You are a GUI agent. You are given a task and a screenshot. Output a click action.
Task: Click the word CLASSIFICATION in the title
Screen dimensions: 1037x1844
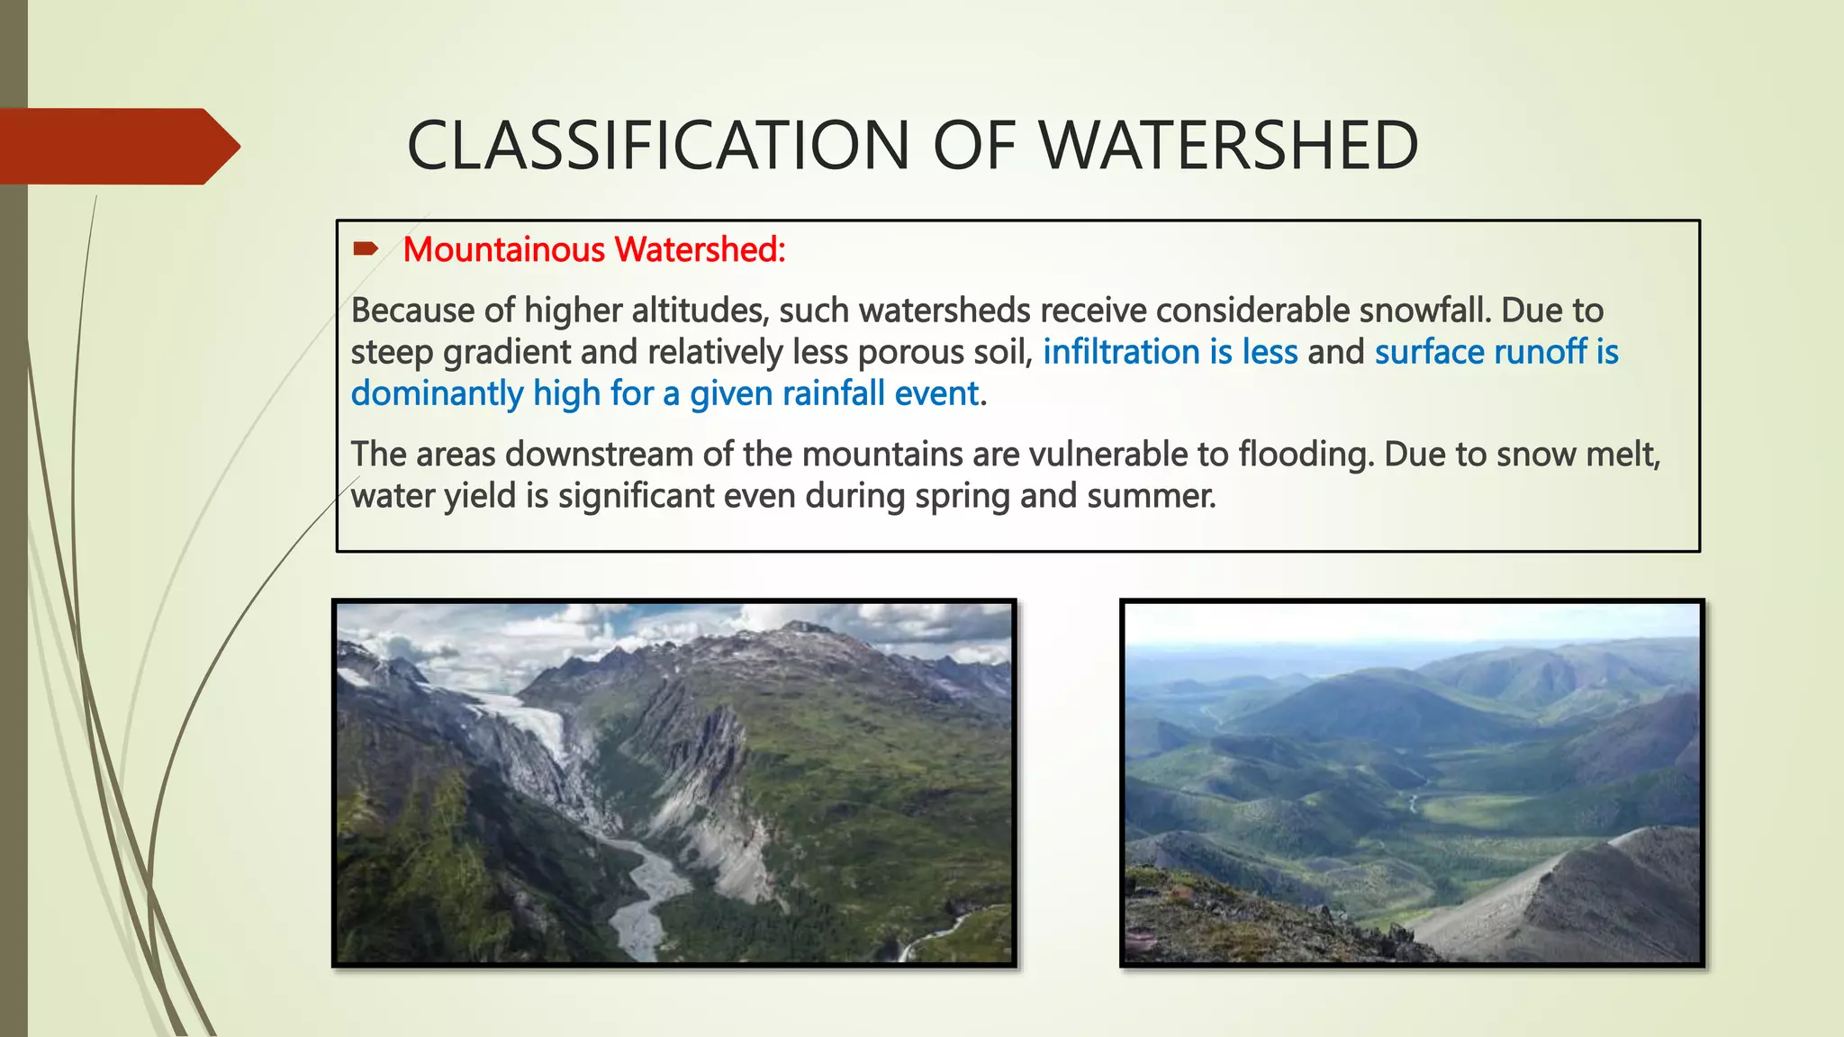point(658,146)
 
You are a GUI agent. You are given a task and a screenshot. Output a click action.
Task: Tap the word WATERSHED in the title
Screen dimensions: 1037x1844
point(1228,146)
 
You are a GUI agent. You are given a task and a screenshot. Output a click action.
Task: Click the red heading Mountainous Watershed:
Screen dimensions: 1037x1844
point(594,249)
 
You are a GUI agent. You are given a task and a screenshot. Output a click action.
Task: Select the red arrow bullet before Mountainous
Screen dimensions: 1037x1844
point(366,249)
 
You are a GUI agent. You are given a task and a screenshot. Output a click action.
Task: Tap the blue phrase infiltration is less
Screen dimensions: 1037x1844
point(1170,352)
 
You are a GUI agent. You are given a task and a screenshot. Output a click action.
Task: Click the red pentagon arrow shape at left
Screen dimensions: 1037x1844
point(117,146)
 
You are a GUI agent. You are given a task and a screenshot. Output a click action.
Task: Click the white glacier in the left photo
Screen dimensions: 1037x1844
point(531,720)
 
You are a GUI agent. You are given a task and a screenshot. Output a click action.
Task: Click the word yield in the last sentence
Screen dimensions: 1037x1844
point(487,496)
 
